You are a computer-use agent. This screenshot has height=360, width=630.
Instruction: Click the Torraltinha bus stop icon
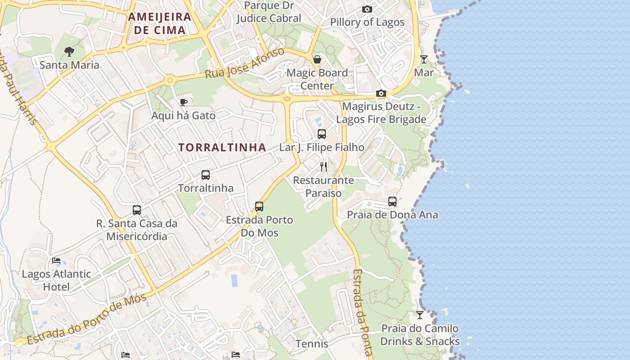pos(206,175)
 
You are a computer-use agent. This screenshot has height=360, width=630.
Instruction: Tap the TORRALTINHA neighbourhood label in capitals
pos(222,147)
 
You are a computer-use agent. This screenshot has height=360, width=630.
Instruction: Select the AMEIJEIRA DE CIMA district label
pos(160,23)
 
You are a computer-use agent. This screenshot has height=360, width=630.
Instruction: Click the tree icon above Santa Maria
pos(69,52)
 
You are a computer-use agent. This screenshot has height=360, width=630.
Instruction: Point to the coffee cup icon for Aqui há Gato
pos(183,103)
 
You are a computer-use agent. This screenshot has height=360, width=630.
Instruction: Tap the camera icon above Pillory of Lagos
pos(367,9)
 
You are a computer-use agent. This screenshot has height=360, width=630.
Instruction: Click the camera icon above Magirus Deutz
pos(381,94)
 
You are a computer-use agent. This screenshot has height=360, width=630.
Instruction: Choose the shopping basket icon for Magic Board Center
pos(317,59)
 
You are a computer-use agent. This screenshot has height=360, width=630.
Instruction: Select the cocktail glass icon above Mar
pos(423,59)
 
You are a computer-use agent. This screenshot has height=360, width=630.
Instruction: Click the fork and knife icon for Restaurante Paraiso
pos(324,167)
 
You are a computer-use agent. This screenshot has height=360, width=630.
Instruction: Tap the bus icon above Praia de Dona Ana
pos(392,202)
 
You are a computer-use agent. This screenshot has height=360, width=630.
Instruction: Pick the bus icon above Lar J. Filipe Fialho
pos(322,134)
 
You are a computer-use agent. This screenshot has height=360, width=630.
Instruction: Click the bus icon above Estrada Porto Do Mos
pos(259,207)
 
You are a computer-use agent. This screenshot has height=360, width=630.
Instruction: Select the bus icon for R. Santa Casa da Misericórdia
pos(137,210)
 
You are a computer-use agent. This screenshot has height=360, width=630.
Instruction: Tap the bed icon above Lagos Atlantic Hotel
pos(56,261)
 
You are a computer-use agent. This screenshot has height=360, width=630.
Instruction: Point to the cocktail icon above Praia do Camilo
pos(420,315)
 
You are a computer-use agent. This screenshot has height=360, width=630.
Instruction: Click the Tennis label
pos(312,344)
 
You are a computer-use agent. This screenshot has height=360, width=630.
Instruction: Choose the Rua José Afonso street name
pos(245,63)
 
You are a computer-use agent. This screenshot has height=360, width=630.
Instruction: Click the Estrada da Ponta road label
pos(363,313)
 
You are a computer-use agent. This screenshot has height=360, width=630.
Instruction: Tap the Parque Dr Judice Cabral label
pos(269,12)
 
